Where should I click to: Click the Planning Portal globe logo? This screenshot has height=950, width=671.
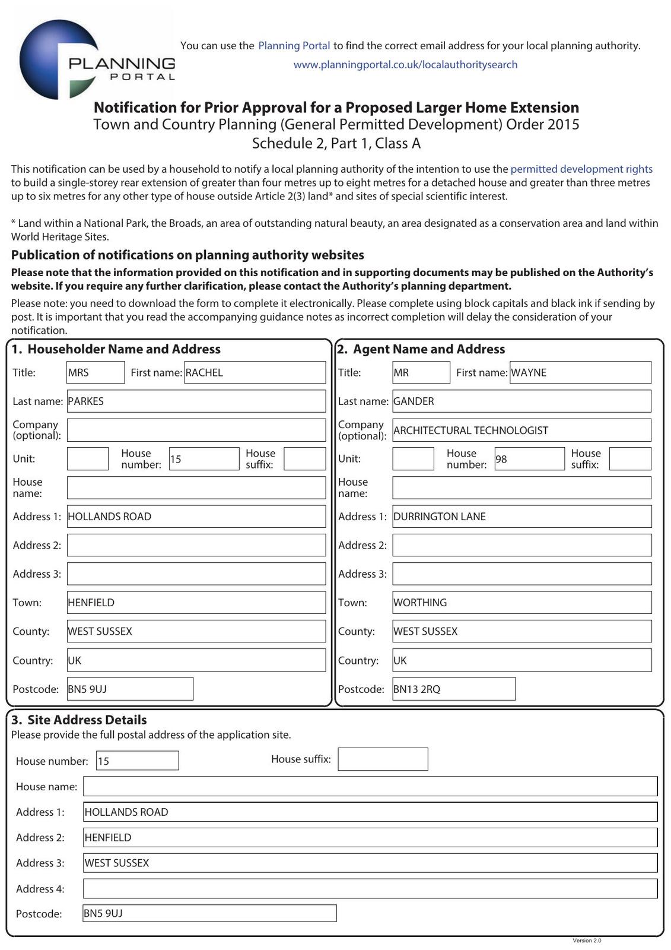(x=59, y=59)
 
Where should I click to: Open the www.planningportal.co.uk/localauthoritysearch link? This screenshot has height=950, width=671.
(x=405, y=65)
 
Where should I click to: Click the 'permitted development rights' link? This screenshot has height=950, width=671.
(x=581, y=169)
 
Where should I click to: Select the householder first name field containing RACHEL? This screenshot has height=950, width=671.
(x=255, y=373)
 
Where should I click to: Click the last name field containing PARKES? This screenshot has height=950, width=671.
(x=196, y=401)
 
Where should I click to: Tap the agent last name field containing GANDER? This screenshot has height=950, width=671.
(x=521, y=401)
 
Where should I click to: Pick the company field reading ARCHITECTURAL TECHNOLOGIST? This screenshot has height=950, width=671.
(x=521, y=430)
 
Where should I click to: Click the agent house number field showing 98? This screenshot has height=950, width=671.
(x=529, y=459)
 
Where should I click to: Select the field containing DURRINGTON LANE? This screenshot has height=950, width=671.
(x=521, y=517)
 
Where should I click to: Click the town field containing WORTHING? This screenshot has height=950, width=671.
(x=521, y=603)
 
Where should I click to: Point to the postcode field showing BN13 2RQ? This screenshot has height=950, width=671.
(x=454, y=689)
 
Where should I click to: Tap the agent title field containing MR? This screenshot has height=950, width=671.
(x=421, y=373)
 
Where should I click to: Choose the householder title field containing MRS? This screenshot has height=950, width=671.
(x=96, y=373)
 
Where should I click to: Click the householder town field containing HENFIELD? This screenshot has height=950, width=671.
(x=196, y=603)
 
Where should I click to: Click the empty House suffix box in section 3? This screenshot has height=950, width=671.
(x=383, y=759)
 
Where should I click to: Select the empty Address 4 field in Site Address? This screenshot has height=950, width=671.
(x=370, y=889)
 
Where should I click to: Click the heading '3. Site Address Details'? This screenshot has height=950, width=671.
(x=79, y=720)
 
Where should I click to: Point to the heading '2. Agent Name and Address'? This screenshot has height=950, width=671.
(x=421, y=350)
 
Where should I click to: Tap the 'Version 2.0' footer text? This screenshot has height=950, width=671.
(x=587, y=940)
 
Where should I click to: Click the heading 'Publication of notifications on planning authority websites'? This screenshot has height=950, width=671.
(x=187, y=255)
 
